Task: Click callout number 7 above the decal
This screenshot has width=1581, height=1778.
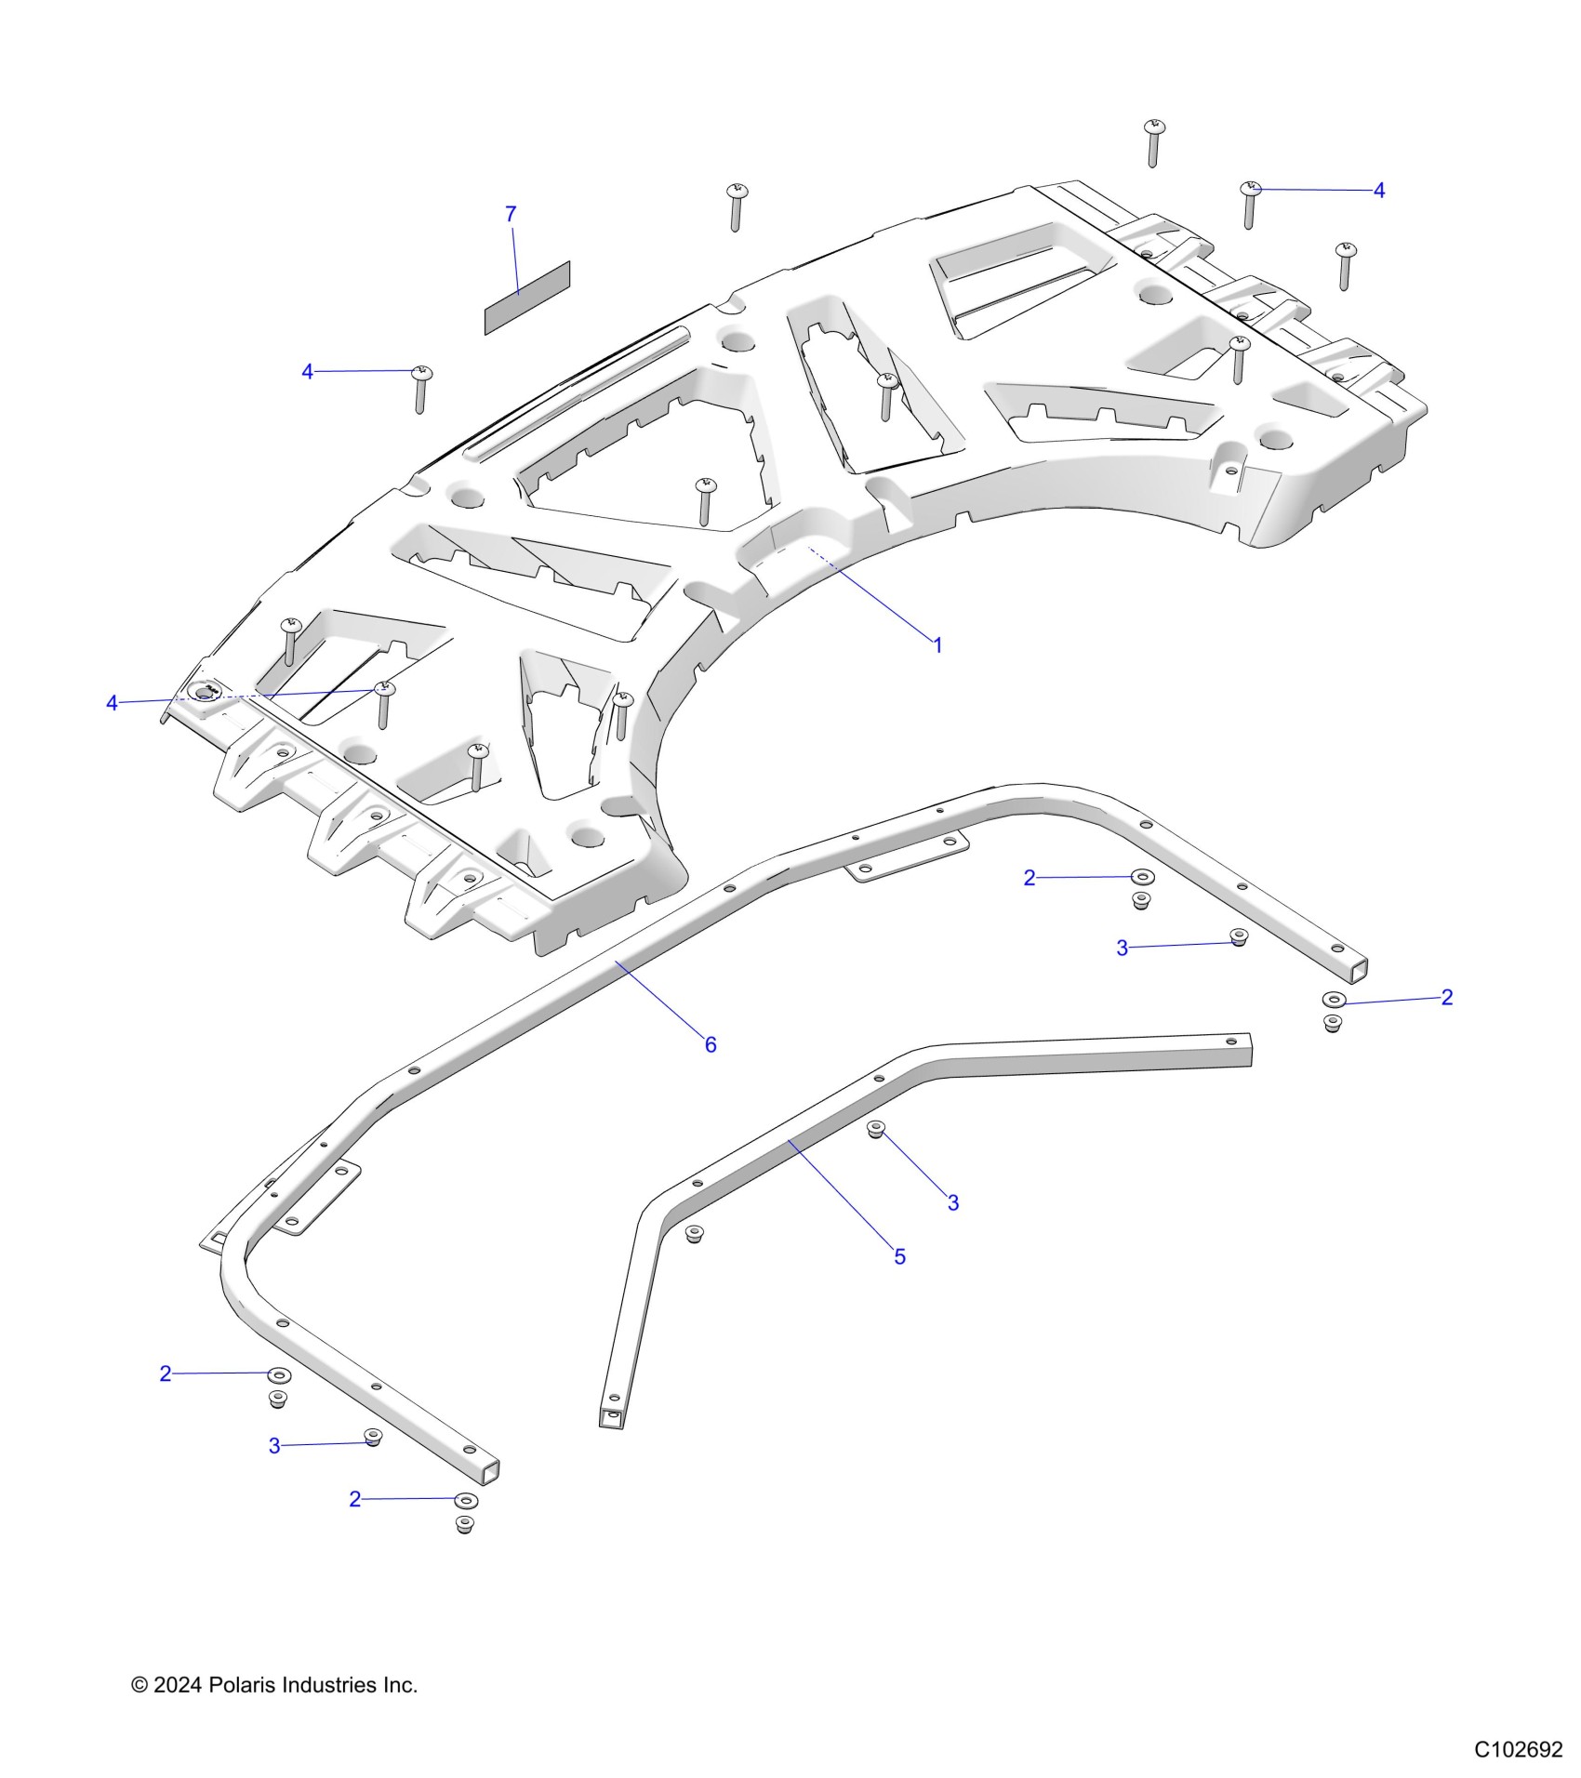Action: tap(511, 215)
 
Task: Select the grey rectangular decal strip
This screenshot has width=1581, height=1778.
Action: tap(526, 298)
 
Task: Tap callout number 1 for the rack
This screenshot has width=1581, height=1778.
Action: tap(937, 644)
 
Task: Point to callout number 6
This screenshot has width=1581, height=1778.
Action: tap(711, 1045)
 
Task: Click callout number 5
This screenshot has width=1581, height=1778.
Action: tap(899, 1256)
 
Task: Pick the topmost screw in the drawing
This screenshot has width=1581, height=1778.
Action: tap(1154, 140)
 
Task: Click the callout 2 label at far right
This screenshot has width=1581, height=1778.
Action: tap(1446, 997)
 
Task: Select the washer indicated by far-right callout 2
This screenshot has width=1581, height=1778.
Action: tap(1334, 1001)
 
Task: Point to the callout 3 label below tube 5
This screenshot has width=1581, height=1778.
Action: tap(953, 1202)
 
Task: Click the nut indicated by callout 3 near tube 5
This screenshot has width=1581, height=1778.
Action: tap(875, 1129)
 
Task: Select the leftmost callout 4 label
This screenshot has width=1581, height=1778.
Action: tap(112, 703)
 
